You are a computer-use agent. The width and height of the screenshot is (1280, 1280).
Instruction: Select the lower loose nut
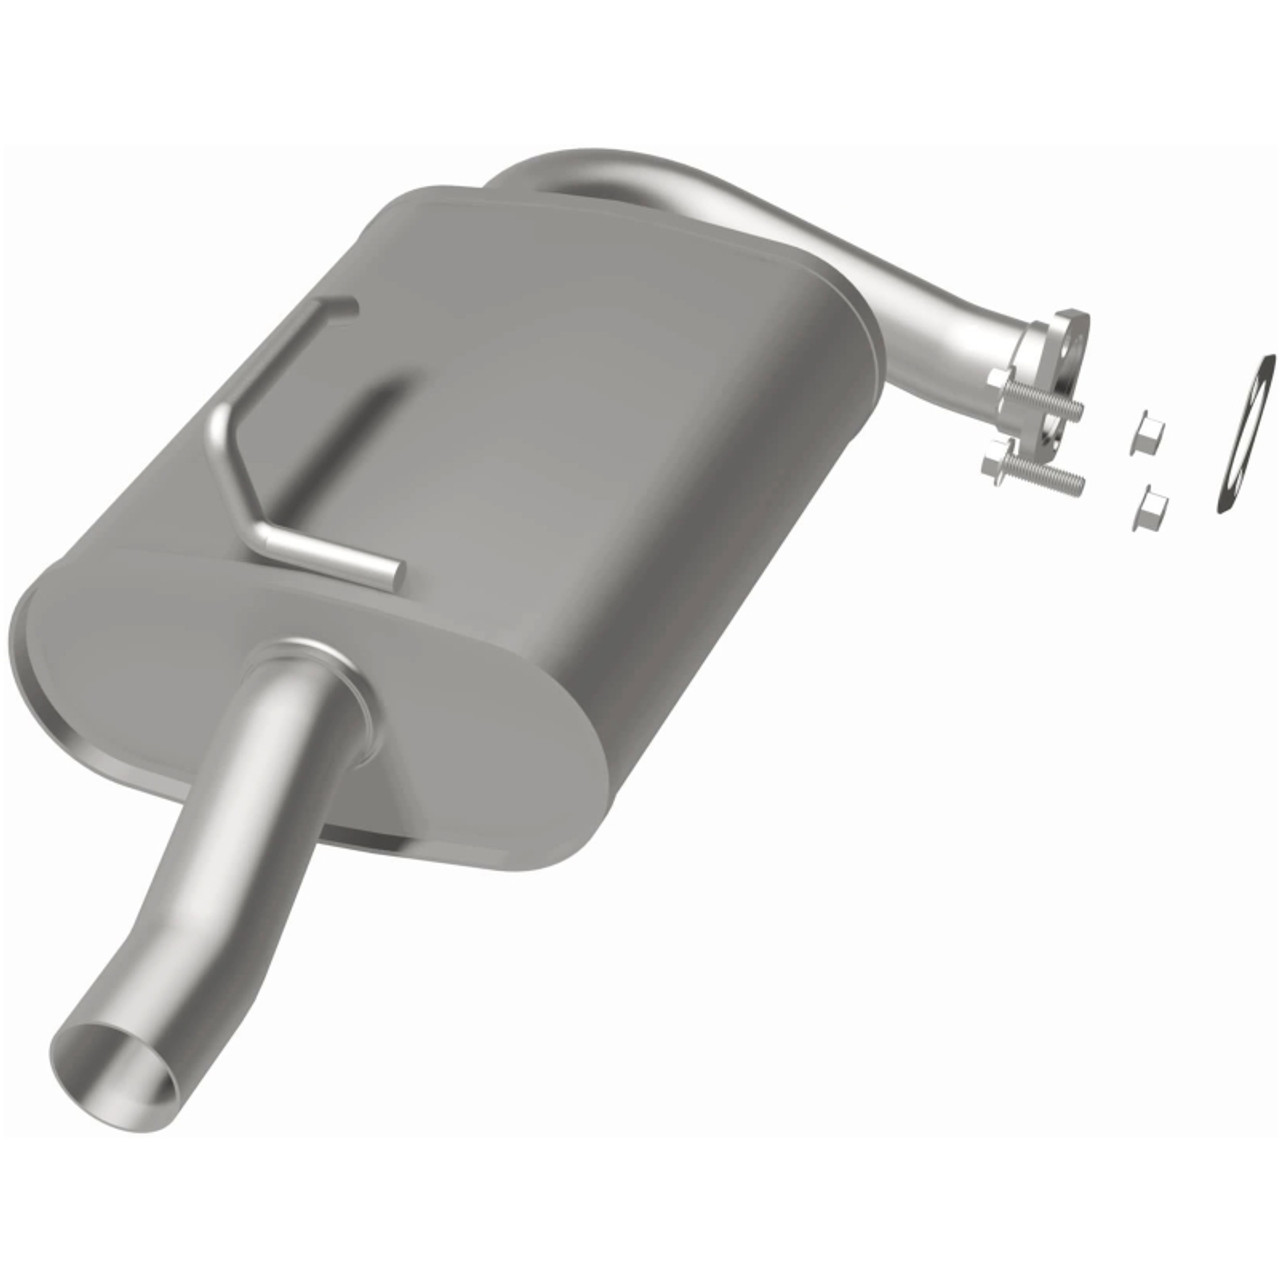(1150, 508)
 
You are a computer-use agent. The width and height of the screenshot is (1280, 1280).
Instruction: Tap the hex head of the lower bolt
(996, 467)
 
